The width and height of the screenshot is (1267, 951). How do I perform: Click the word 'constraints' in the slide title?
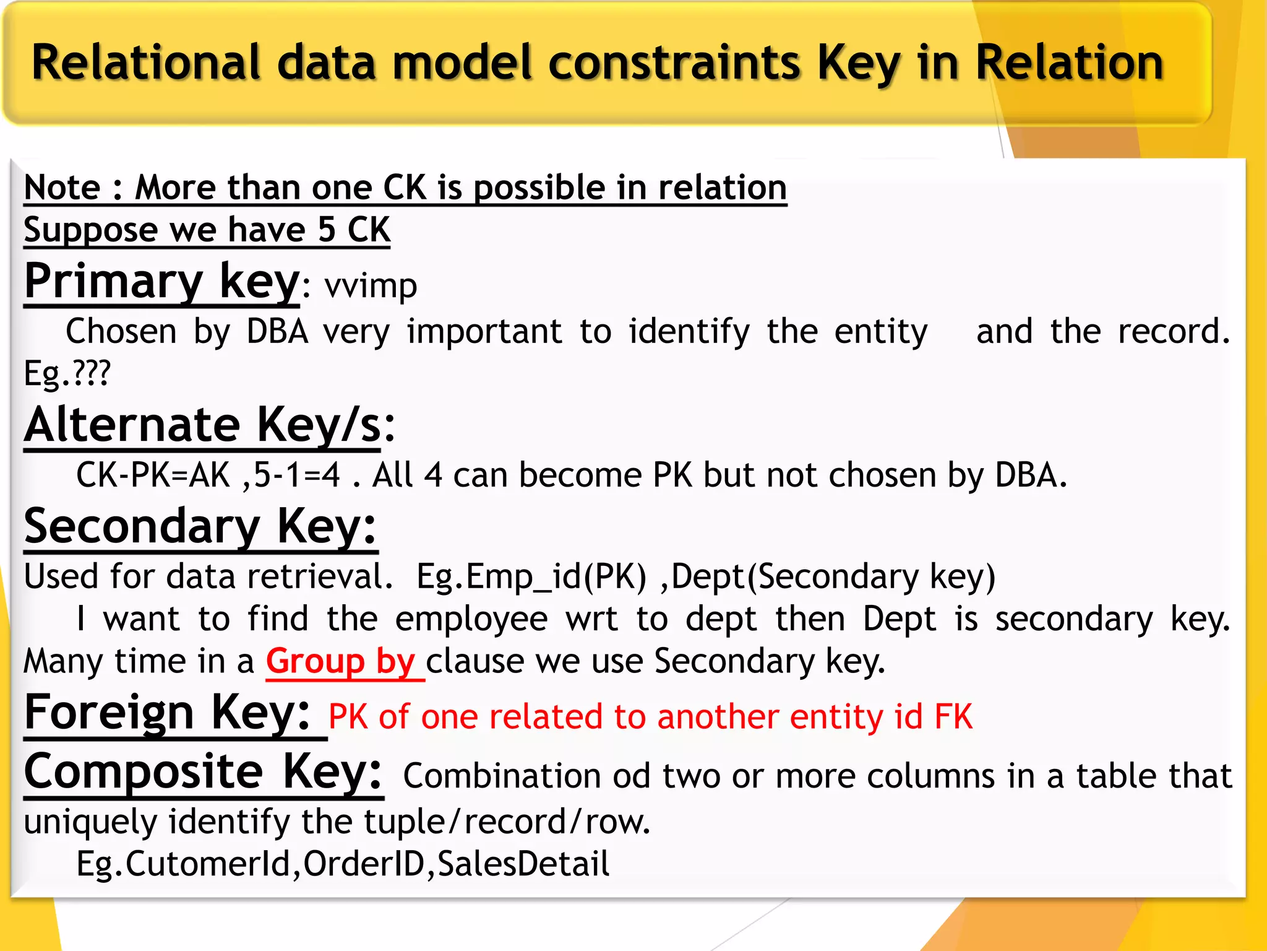[674, 63]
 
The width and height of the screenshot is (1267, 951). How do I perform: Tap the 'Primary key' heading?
[161, 282]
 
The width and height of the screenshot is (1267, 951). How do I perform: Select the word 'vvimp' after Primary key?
[371, 286]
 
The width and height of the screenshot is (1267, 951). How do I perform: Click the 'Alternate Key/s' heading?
[202, 425]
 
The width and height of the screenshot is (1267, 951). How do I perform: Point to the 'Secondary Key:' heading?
[200, 526]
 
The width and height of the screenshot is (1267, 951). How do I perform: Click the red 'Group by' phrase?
[340, 661]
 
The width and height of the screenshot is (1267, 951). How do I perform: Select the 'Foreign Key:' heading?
[167, 713]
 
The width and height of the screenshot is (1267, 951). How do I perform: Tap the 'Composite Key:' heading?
[203, 772]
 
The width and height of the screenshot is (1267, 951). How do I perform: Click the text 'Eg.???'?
[67, 373]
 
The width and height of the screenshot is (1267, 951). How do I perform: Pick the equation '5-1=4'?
[297, 475]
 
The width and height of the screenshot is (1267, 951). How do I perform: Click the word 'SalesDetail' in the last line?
[523, 864]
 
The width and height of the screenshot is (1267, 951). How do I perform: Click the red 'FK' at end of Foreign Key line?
[953, 717]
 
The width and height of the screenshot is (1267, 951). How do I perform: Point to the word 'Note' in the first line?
[62, 188]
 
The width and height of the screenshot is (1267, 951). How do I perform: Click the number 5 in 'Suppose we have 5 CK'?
[327, 230]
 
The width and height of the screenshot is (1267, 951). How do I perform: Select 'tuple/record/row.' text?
[507, 822]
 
